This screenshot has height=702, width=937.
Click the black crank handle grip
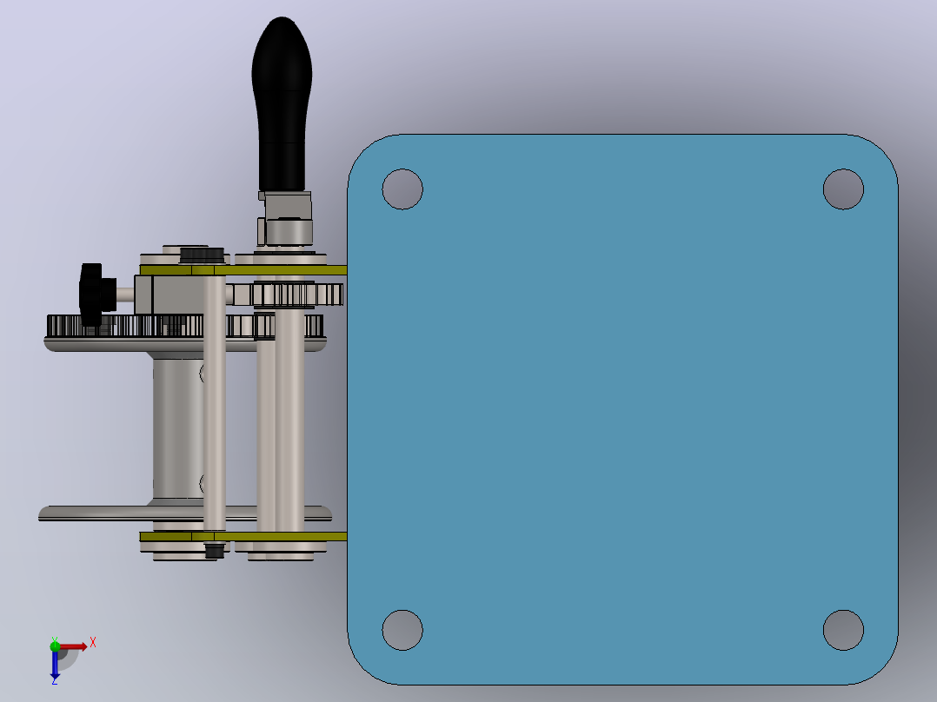pos(282,104)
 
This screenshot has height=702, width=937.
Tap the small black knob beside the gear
pos(96,295)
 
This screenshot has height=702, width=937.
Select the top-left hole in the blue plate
pos(402,189)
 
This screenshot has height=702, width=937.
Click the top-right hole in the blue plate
pos(843,189)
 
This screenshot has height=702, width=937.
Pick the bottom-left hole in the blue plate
pos(402,630)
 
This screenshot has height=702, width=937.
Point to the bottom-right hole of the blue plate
pos(843,630)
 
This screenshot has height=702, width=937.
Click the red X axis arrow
pos(74,646)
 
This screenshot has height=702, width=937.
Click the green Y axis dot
pos(55,646)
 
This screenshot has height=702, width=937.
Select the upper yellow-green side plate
pos(243,270)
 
